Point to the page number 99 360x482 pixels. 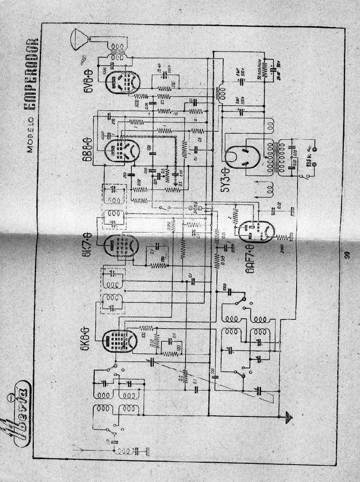click(347, 254)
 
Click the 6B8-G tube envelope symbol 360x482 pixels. click(122, 150)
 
